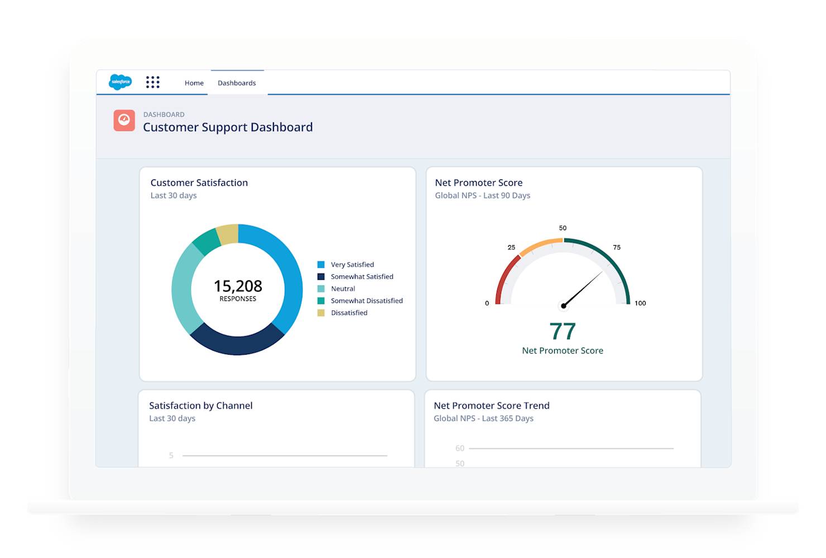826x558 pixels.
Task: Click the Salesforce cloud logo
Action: (x=121, y=82)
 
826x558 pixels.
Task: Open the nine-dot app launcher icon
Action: (x=153, y=82)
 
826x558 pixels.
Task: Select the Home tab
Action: (x=194, y=83)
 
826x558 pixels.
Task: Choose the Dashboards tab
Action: (x=237, y=83)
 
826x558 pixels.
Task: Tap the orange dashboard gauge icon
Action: (x=124, y=121)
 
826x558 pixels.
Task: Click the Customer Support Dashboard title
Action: (x=228, y=127)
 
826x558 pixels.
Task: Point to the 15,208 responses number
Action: (x=238, y=286)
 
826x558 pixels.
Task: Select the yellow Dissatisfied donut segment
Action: (x=228, y=234)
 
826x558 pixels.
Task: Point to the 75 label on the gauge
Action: (x=617, y=247)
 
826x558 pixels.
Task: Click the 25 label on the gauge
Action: (x=511, y=247)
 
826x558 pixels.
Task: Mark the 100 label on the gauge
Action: (x=640, y=303)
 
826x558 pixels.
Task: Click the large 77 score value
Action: (x=563, y=331)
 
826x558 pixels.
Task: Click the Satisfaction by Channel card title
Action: (x=201, y=406)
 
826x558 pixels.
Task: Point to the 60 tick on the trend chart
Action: (x=460, y=448)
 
